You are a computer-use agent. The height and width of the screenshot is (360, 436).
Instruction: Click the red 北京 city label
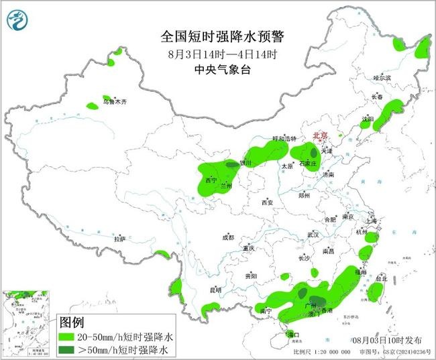click(x=321, y=135)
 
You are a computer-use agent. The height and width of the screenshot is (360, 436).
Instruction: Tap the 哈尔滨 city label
click(x=382, y=78)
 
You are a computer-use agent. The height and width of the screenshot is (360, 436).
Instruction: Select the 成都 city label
click(x=229, y=237)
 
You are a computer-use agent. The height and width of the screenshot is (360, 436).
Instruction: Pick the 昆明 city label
click(x=215, y=290)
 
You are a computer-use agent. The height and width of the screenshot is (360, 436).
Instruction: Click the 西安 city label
click(x=268, y=202)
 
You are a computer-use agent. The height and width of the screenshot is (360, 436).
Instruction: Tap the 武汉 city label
click(x=313, y=235)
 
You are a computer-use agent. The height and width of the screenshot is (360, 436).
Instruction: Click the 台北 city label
click(x=380, y=278)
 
